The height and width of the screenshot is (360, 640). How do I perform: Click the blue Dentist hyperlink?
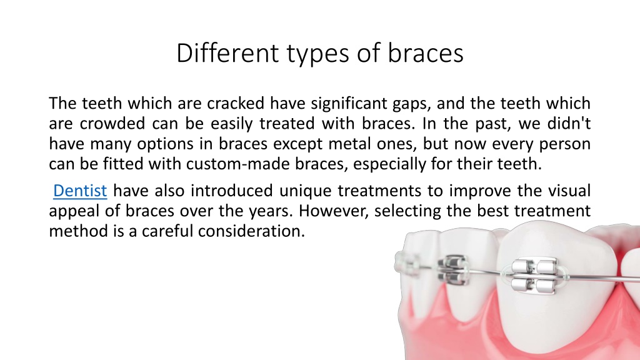coord(80,191)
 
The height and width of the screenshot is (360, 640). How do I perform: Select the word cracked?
coord(236,103)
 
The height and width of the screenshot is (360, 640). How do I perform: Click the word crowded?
coord(112,123)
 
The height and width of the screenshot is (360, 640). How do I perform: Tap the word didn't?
coord(569,123)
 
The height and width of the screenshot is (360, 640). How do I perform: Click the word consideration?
coord(251,231)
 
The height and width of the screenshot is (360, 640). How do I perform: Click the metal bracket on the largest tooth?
coord(534,276)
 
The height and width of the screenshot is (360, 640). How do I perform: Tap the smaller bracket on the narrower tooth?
coord(454,270)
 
